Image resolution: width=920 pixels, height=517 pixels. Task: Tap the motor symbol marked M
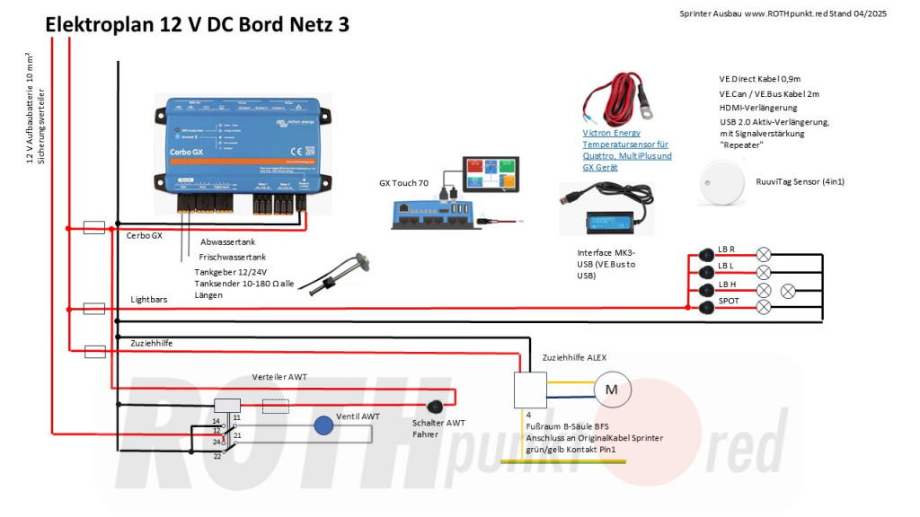click(x=611, y=390)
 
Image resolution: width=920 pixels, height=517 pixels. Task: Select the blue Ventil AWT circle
click(x=323, y=425)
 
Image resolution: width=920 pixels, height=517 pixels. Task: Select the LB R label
click(x=727, y=250)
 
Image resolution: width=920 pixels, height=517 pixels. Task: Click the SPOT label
click(x=729, y=301)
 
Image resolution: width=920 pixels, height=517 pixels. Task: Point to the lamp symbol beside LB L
click(x=765, y=272)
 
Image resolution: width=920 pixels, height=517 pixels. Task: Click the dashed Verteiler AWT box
click(x=276, y=406)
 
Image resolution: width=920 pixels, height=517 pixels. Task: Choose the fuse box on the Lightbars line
click(x=94, y=308)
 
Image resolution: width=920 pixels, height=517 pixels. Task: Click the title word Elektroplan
click(x=100, y=25)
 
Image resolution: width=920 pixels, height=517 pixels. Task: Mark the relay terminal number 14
click(x=216, y=420)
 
